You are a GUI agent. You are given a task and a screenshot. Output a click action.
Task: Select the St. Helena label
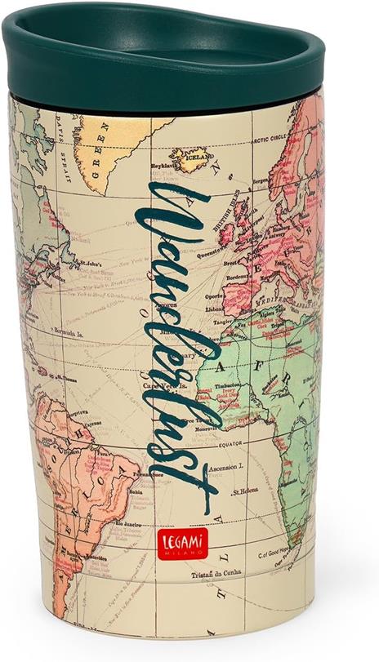click(245, 492)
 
